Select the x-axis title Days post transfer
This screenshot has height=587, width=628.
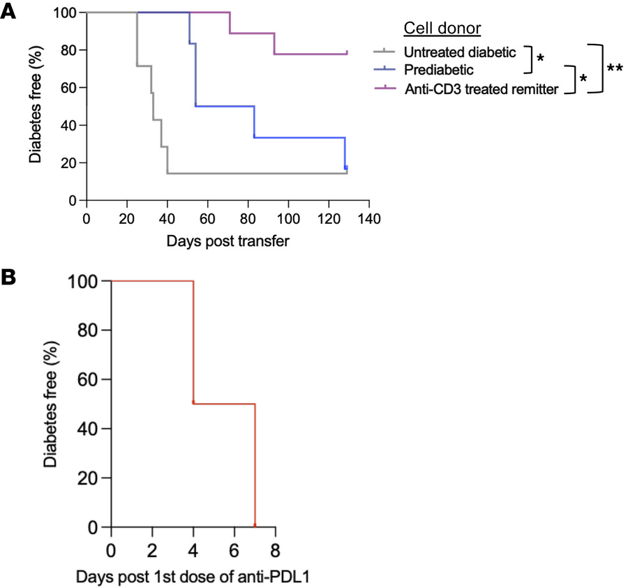coord(227,241)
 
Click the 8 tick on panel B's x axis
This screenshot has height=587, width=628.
coord(275,547)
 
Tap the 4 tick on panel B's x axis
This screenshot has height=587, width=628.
coord(193,547)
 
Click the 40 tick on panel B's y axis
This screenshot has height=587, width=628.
coord(88,429)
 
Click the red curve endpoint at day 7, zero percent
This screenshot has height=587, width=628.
coord(255,525)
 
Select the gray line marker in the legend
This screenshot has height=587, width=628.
coord(384,51)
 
